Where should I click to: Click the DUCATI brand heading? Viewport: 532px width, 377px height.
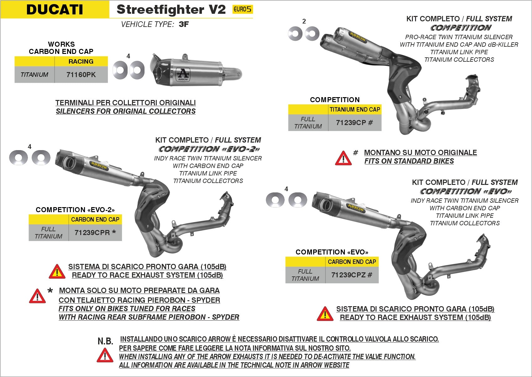pyautogui.click(x=55, y=9)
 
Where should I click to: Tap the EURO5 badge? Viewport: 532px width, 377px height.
pyautogui.click(x=242, y=9)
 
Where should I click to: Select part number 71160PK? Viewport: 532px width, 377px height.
pyautogui.click(x=81, y=75)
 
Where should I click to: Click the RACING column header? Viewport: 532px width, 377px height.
pyautogui.click(x=81, y=61)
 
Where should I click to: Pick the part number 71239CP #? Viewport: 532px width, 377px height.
pyautogui.click(x=354, y=123)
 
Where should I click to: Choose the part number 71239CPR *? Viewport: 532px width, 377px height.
pyautogui.click(x=95, y=233)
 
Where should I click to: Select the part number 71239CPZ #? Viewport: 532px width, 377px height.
pyautogui.click(x=352, y=275)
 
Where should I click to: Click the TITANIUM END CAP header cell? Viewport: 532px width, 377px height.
pyautogui.click(x=355, y=109)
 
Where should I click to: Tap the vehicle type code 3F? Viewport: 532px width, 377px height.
pyautogui.click(x=184, y=24)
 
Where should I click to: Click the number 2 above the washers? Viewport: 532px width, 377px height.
pyautogui.click(x=304, y=21)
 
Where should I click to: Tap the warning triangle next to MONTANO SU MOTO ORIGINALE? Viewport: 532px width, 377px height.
pyautogui.click(x=343, y=158)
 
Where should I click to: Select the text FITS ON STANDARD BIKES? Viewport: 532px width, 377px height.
pyautogui.click(x=409, y=161)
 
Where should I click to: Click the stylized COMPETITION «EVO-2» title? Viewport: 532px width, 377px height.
pyautogui.click(x=209, y=149)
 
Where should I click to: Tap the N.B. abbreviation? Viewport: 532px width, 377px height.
pyautogui.click(x=105, y=341)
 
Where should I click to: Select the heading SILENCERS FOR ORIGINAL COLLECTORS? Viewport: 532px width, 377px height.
pyautogui.click(x=126, y=111)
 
